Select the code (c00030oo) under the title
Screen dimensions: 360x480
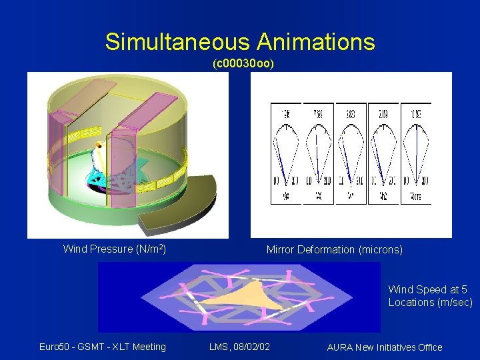(243, 65)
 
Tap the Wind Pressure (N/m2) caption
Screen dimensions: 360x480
(114, 249)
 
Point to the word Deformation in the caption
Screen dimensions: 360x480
(326, 250)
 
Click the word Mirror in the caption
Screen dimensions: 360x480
(281, 250)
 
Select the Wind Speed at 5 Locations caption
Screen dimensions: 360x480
(430, 296)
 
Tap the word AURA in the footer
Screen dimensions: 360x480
(341, 347)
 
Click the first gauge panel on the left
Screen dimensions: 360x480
(286, 153)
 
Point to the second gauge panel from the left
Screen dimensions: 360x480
(318, 153)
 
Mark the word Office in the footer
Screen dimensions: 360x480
(429, 347)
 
